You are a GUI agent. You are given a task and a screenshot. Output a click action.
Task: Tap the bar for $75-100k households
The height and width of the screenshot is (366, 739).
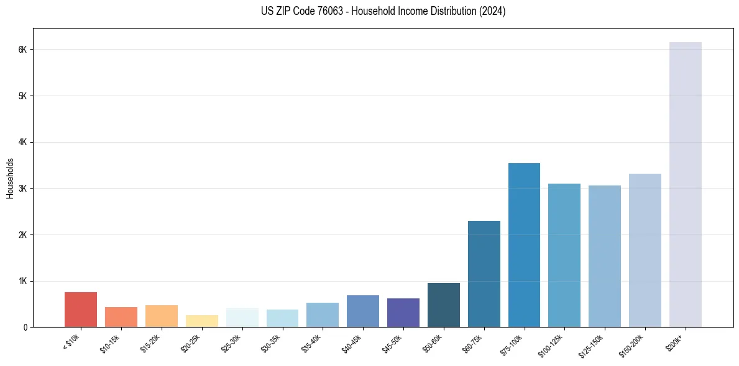point(524,245)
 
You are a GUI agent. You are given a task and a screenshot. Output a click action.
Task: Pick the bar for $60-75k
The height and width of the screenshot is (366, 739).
point(484,274)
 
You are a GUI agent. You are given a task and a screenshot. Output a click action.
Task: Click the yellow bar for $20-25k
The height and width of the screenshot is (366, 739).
point(201,321)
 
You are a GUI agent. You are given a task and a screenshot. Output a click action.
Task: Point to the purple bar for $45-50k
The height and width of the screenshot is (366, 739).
point(403,313)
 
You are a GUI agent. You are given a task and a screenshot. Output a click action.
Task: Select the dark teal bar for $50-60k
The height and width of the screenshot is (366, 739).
point(443,305)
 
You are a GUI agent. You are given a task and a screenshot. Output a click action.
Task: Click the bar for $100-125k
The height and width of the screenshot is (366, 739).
point(564,255)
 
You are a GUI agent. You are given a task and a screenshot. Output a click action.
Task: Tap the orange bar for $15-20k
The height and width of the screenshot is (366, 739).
point(162,316)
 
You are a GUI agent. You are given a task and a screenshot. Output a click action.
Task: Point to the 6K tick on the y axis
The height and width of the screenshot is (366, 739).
point(24,50)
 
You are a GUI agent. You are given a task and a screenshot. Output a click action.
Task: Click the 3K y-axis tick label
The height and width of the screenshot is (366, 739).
point(24,189)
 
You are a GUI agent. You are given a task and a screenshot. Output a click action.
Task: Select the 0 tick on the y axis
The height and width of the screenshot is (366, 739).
point(25,327)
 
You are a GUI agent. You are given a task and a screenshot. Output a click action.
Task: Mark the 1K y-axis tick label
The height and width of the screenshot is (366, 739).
point(24,281)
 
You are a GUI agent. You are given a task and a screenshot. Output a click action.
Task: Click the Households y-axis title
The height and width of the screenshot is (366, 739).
point(10,178)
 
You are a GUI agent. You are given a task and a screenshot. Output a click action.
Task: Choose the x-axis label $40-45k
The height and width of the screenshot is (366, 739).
point(351,343)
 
